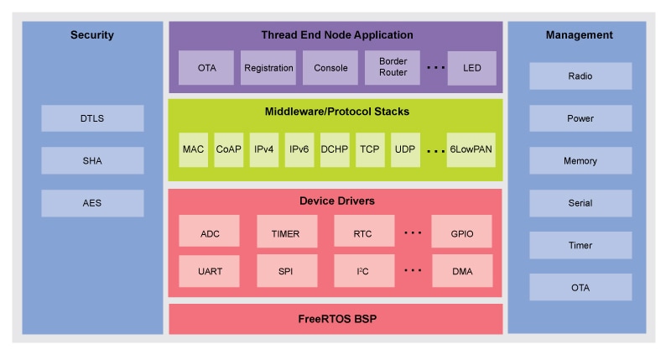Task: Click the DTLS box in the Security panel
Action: tap(92, 118)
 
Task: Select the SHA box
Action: tap(92, 160)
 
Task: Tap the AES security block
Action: tap(92, 203)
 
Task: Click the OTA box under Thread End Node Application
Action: tap(206, 68)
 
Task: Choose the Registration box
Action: tap(268, 68)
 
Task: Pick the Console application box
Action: tap(330, 68)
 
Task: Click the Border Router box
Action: tap(393, 68)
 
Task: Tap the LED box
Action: tap(472, 68)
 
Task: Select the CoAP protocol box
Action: tap(228, 149)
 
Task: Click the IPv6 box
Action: tap(299, 149)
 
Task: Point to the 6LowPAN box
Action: tap(471, 149)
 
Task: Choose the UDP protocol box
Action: tap(405, 149)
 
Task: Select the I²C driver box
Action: tap(363, 271)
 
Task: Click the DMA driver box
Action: tap(462, 271)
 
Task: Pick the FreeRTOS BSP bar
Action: tap(335, 320)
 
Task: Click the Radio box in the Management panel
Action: tap(580, 76)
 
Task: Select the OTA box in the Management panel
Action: tap(580, 288)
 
